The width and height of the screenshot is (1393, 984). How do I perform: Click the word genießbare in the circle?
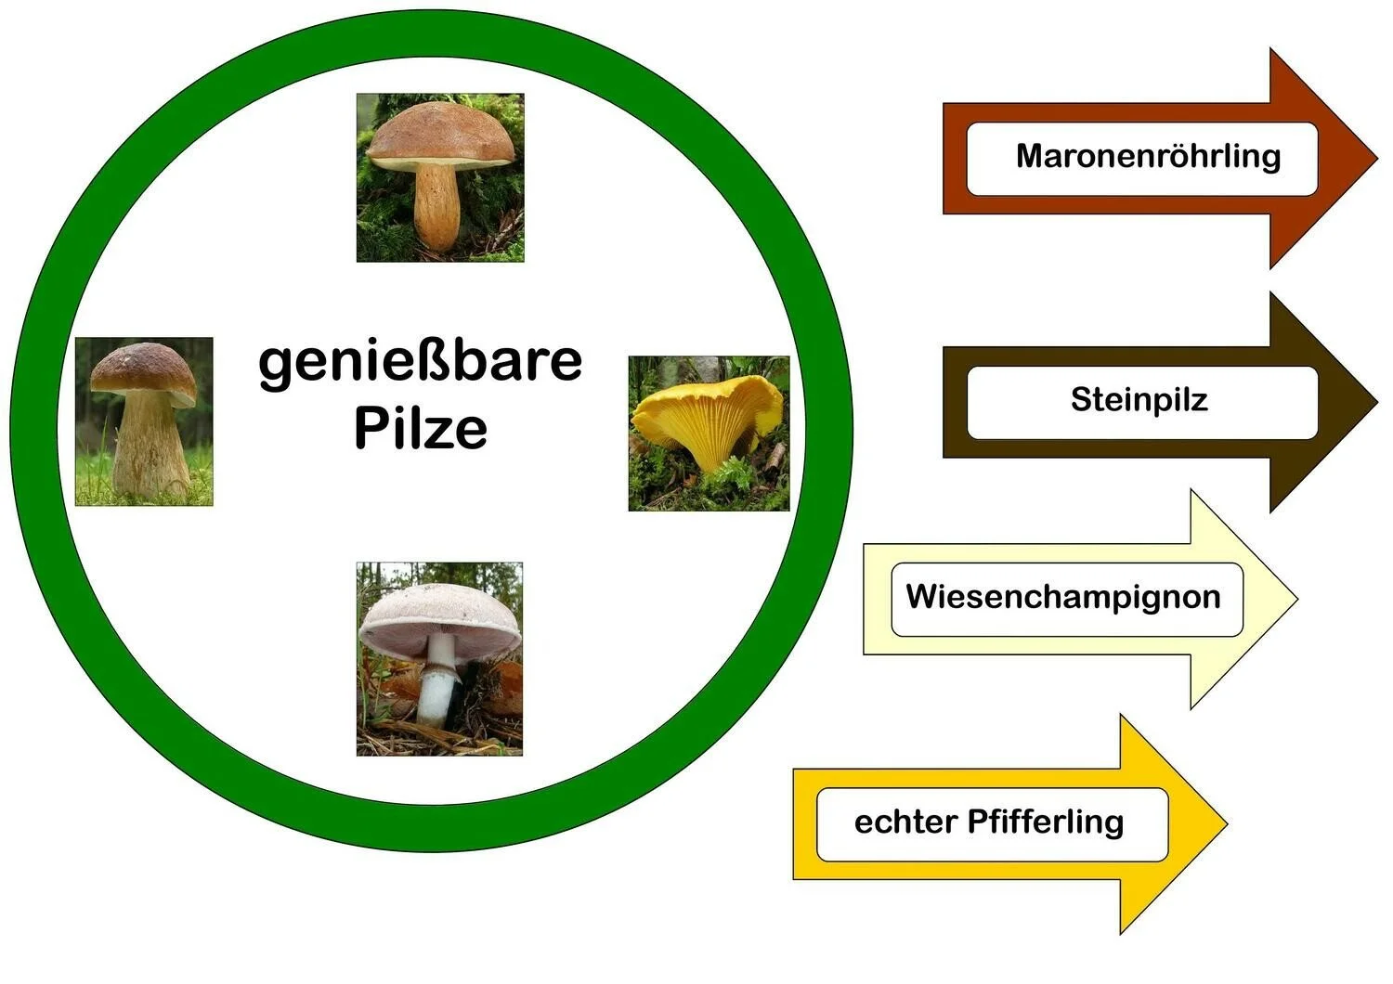(x=420, y=361)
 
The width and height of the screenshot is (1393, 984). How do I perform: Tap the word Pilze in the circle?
(x=420, y=428)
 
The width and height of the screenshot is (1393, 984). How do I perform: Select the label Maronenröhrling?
(x=1148, y=156)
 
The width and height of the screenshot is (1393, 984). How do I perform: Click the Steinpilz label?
(x=1139, y=400)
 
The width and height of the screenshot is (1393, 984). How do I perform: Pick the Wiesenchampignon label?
(x=1063, y=597)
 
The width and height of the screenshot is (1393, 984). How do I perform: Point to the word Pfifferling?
(x=1045, y=822)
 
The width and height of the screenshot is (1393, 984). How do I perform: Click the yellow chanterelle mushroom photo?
(x=709, y=433)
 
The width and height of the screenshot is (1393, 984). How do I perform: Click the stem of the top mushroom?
(x=436, y=206)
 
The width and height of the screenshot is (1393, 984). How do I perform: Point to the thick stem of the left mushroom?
(x=150, y=446)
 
